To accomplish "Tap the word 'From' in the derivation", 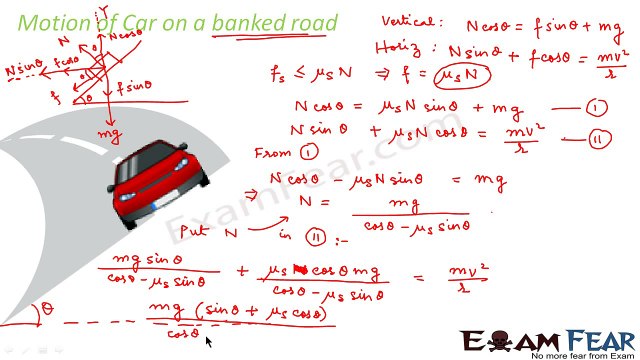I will coord(276,152).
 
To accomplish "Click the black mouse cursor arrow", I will coord(208,342).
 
